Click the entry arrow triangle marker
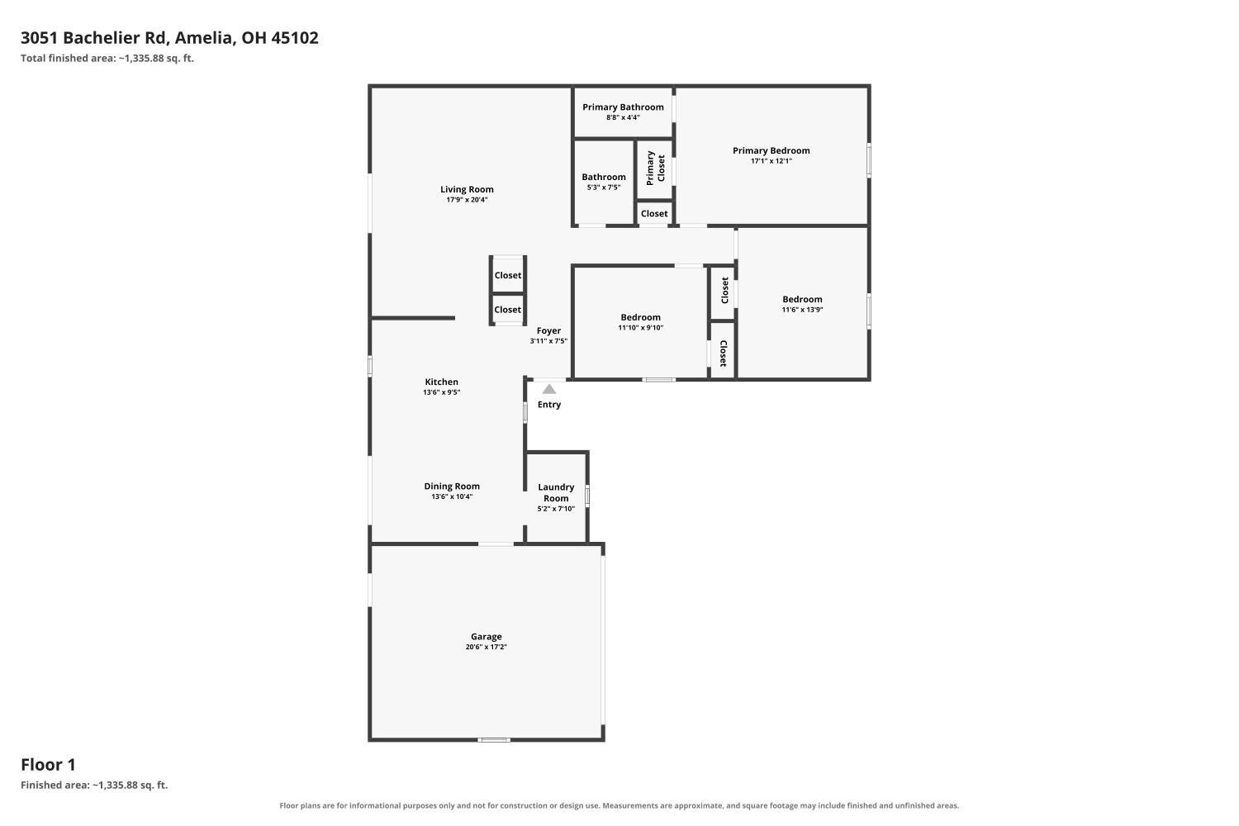click(548, 389)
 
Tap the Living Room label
click(467, 189)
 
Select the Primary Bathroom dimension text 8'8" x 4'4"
click(623, 117)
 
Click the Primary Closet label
click(656, 169)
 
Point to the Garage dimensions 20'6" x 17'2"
click(487, 647)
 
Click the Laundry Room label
click(556, 492)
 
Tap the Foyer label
click(548, 331)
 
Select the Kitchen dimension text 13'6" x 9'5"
click(441, 392)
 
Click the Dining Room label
click(452, 487)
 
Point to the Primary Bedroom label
click(771, 150)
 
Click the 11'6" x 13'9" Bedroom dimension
click(802, 310)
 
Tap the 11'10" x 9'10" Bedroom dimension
click(640, 328)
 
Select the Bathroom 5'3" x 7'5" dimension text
click(604, 188)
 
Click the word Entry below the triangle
click(549, 405)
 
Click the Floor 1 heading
click(48, 765)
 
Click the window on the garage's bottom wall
click(494, 740)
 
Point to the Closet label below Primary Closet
click(654, 214)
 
